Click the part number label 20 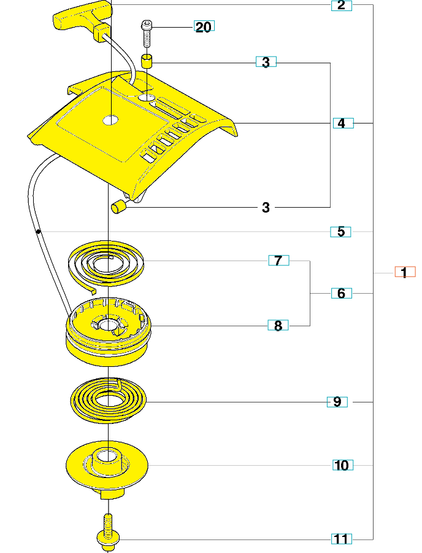click(204, 27)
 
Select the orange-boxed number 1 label click(404, 272)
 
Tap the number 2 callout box click(341, 6)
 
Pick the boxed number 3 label click(266, 62)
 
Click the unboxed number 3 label click(266, 208)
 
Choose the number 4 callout click(343, 123)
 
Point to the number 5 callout click(340, 232)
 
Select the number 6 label click(341, 293)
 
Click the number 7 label click(278, 261)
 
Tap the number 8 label click(278, 326)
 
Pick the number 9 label click(337, 402)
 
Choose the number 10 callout click(342, 465)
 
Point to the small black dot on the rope click(38, 232)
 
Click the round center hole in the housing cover click(110, 120)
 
